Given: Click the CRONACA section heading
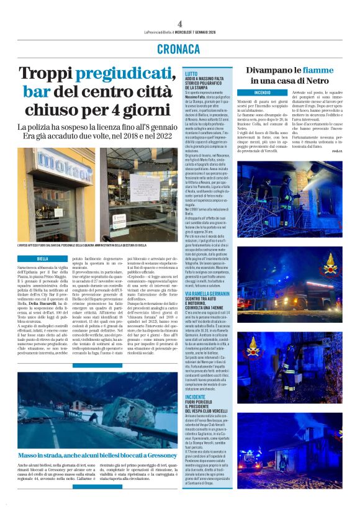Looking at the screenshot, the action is [179, 49].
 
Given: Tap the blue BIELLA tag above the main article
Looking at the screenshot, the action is [42, 258].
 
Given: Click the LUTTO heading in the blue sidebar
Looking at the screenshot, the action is [191, 73].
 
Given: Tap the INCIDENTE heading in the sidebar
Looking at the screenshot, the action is [195, 396].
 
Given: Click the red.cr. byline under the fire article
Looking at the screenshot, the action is [337, 151].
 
